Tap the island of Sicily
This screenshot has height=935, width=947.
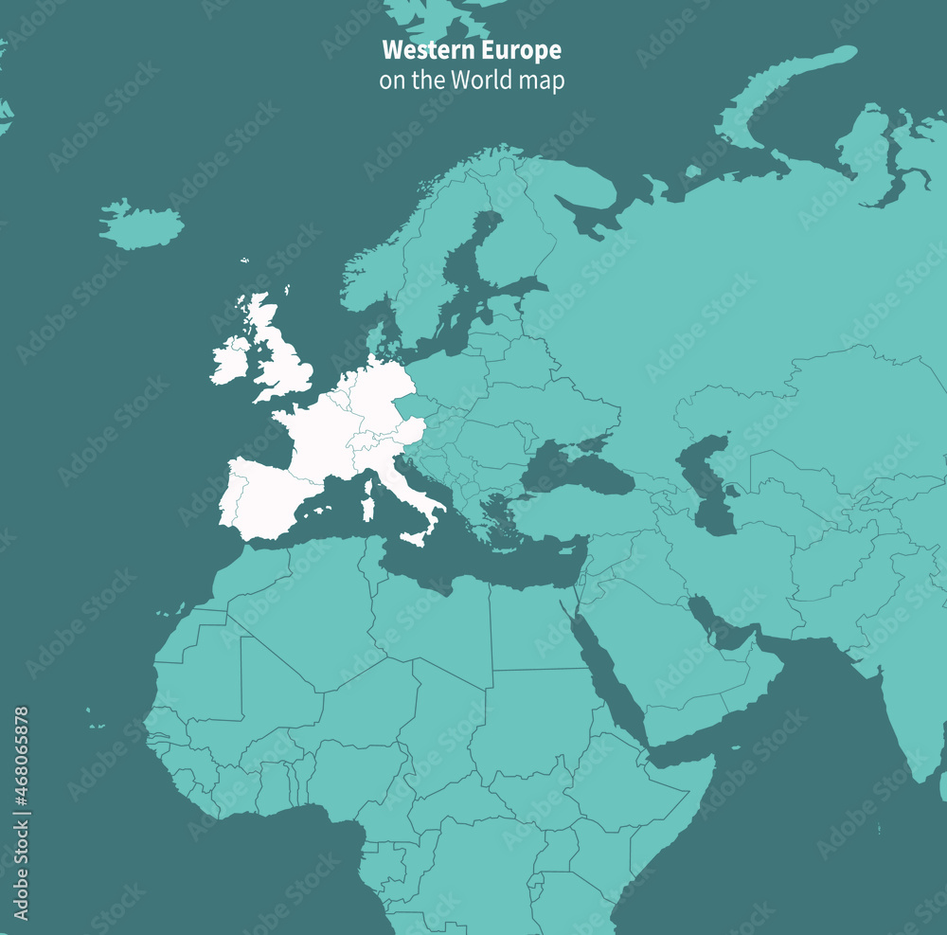point(414,538)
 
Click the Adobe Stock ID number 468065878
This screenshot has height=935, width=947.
point(21,813)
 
